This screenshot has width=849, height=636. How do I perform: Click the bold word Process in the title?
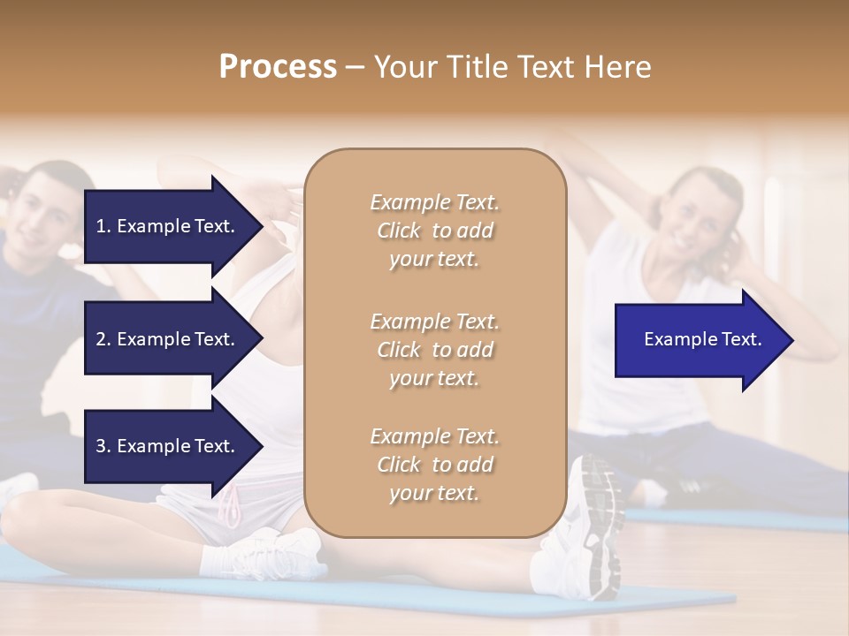click(x=278, y=67)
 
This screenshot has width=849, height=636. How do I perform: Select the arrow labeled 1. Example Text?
click(x=168, y=226)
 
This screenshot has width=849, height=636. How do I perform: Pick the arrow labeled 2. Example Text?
click(x=168, y=339)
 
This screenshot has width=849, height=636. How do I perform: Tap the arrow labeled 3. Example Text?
click(x=168, y=446)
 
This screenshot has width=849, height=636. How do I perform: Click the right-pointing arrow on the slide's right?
click(x=699, y=340)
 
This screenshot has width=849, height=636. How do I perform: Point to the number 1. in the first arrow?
click(x=103, y=226)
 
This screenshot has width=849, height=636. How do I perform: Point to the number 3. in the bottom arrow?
click(x=103, y=446)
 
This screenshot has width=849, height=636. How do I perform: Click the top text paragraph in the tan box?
click(x=434, y=231)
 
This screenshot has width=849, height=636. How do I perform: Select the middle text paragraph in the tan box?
click(x=434, y=349)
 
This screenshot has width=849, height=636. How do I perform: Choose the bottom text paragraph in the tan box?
click(x=434, y=465)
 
